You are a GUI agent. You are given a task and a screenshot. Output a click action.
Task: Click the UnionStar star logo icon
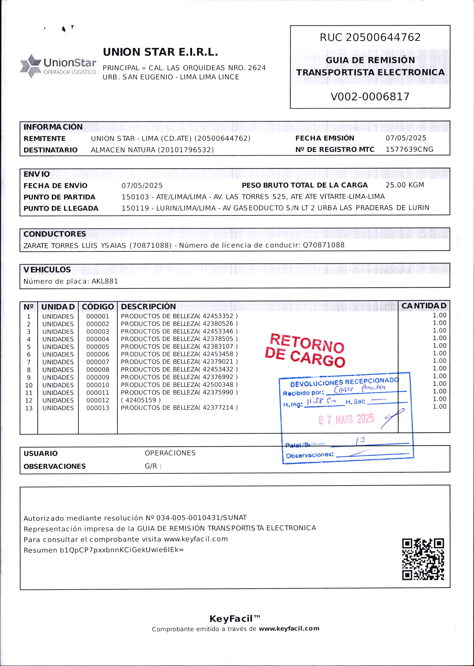click(x=31, y=66)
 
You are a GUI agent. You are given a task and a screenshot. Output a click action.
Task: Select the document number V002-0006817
click(x=370, y=97)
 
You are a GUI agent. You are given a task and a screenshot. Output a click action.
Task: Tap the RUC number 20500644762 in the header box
click(x=383, y=37)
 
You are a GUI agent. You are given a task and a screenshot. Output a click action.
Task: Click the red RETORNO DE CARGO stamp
click(x=305, y=350)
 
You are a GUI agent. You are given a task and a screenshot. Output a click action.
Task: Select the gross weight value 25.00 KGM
click(x=404, y=185)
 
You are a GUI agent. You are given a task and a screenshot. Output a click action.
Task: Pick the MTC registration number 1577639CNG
click(x=409, y=150)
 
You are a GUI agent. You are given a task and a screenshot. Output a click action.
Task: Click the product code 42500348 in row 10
click(x=218, y=385)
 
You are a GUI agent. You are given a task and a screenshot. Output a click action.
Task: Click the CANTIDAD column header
click(x=424, y=306)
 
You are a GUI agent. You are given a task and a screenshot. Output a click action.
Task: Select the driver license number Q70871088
click(x=324, y=245)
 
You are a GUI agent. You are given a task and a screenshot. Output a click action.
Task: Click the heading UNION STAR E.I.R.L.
click(x=160, y=52)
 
